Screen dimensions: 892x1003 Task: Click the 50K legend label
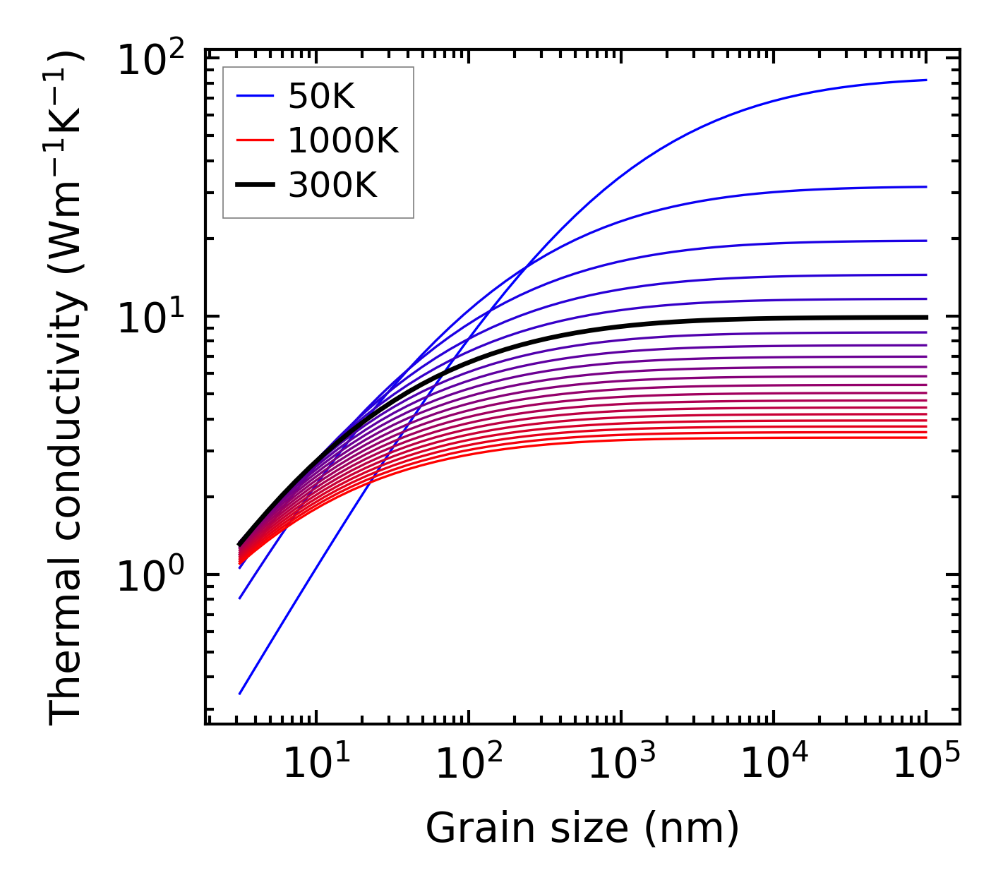click(320, 97)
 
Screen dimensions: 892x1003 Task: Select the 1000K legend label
click(343, 141)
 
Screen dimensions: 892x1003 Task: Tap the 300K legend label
click(332, 186)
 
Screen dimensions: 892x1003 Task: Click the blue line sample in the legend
click(254, 97)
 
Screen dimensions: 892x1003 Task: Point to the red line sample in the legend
click(254, 141)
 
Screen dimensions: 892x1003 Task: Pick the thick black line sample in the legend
click(254, 186)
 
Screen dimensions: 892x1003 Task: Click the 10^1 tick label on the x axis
click(316, 762)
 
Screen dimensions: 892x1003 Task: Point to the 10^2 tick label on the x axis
click(468, 762)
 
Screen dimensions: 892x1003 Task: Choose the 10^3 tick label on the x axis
click(621, 762)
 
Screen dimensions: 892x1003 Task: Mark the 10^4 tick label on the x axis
click(774, 762)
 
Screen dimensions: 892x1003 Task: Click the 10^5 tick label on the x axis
click(926, 762)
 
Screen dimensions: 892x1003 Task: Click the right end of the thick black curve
click(925, 317)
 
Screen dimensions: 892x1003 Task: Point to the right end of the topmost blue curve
click(925, 80)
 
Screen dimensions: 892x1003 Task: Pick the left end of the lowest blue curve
click(240, 694)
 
